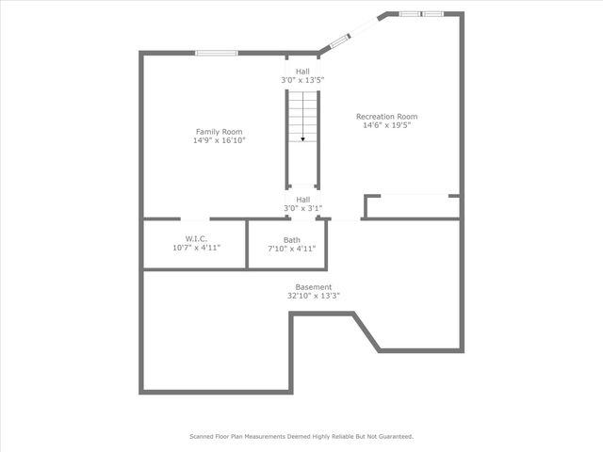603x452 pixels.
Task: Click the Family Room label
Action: [x=219, y=131]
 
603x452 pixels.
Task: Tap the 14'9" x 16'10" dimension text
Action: [x=219, y=140]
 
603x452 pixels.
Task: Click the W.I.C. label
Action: [x=196, y=239]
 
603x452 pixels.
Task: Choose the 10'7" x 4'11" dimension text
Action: [x=196, y=249]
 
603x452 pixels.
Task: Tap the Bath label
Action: [x=292, y=240]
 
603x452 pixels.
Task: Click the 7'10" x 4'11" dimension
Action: [x=292, y=249]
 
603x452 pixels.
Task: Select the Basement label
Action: [x=314, y=287]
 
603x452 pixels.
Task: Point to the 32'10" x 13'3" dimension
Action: [x=314, y=296]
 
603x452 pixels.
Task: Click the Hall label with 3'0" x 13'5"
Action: [x=302, y=72]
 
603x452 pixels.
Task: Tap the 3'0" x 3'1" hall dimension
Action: [x=302, y=208]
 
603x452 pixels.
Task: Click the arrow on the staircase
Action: [x=302, y=138]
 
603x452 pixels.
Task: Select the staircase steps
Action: [x=302, y=118]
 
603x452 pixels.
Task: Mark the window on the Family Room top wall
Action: [x=216, y=53]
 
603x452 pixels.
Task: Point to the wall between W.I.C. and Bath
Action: [x=247, y=244]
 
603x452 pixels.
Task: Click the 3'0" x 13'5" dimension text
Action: [x=302, y=81]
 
